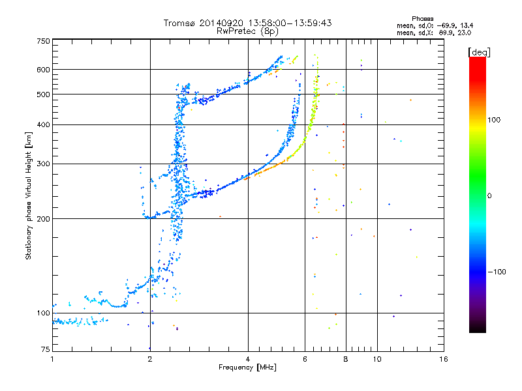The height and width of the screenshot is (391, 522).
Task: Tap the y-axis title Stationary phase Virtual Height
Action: click(29, 195)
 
